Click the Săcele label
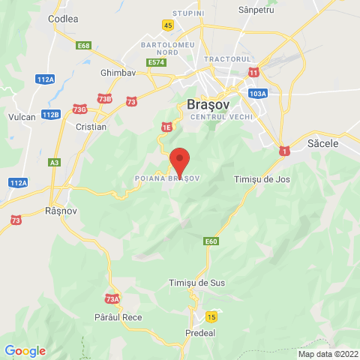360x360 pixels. (324, 142)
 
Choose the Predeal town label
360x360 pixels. (199, 331)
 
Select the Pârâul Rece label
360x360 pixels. (118, 318)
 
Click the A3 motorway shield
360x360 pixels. (54, 162)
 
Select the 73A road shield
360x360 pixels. (112, 299)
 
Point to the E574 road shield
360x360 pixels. (156, 62)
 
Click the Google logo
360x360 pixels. (25, 350)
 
